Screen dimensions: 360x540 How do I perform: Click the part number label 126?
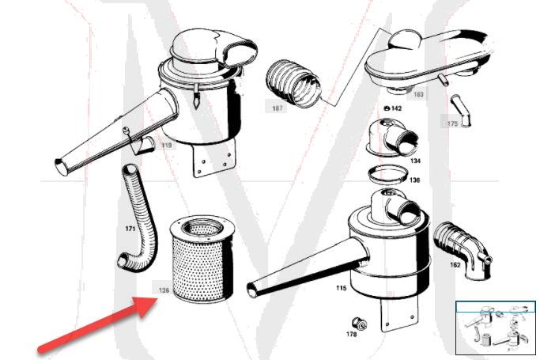(164, 290)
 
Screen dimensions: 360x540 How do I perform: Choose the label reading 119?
(167, 146)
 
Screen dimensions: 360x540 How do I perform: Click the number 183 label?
(417, 94)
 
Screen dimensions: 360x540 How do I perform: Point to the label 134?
(415, 161)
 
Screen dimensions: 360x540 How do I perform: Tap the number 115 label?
(340, 288)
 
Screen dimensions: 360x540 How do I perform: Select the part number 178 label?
(351, 335)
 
